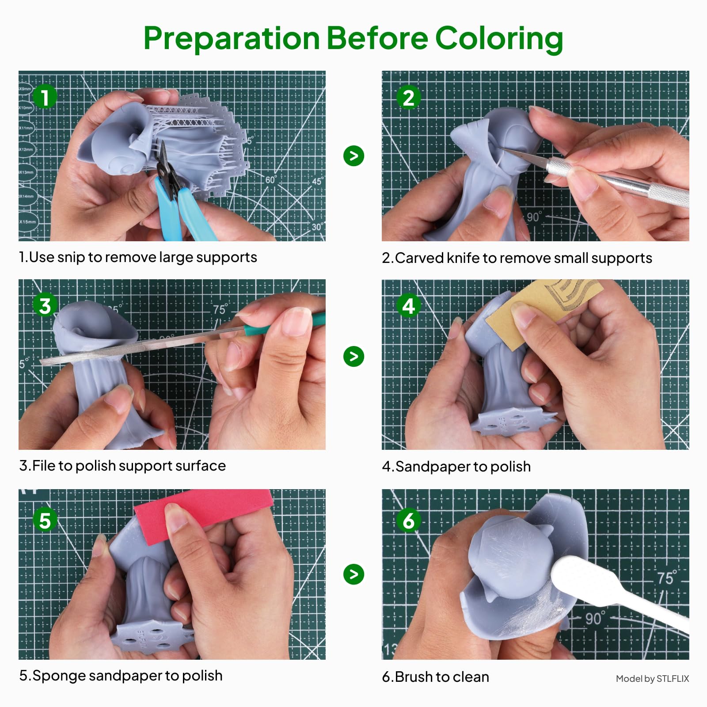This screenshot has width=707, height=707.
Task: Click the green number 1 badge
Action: click(45, 96)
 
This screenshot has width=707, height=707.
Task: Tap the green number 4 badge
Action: click(408, 306)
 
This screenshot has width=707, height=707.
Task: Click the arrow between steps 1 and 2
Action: click(353, 156)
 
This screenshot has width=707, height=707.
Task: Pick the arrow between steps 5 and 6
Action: click(353, 574)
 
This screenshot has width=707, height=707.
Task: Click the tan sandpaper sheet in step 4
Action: click(541, 312)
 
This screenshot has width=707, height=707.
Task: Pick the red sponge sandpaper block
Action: click(203, 508)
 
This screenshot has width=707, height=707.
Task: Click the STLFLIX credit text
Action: click(652, 679)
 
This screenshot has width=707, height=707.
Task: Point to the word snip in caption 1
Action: click(71, 258)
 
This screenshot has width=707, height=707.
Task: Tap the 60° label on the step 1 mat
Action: click(271, 179)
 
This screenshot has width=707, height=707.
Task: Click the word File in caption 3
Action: click(43, 466)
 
